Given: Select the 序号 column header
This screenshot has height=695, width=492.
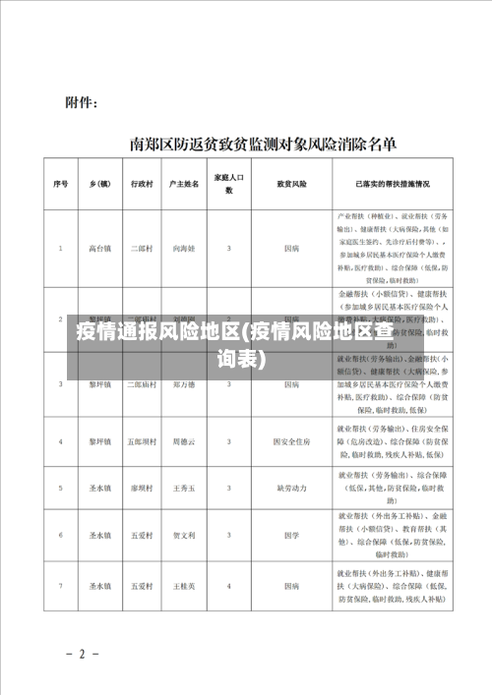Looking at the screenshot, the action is coord(60,184).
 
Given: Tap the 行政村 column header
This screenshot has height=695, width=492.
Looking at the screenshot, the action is coord(142,184).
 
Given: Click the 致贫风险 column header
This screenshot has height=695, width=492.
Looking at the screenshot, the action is coord(291,184).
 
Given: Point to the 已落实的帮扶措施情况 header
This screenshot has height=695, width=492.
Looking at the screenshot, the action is coord(393,184).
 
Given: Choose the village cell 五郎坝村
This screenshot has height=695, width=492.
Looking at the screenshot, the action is coord(142,415).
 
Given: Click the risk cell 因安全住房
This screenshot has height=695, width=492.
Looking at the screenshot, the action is coord(291,415).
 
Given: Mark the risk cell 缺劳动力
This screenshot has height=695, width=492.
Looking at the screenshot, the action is coord(291,487).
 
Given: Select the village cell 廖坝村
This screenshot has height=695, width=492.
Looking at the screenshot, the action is coord(142,487).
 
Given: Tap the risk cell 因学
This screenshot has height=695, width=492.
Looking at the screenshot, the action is coord(291,536).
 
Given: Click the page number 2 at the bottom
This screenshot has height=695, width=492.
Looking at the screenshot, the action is coord(83,653).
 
